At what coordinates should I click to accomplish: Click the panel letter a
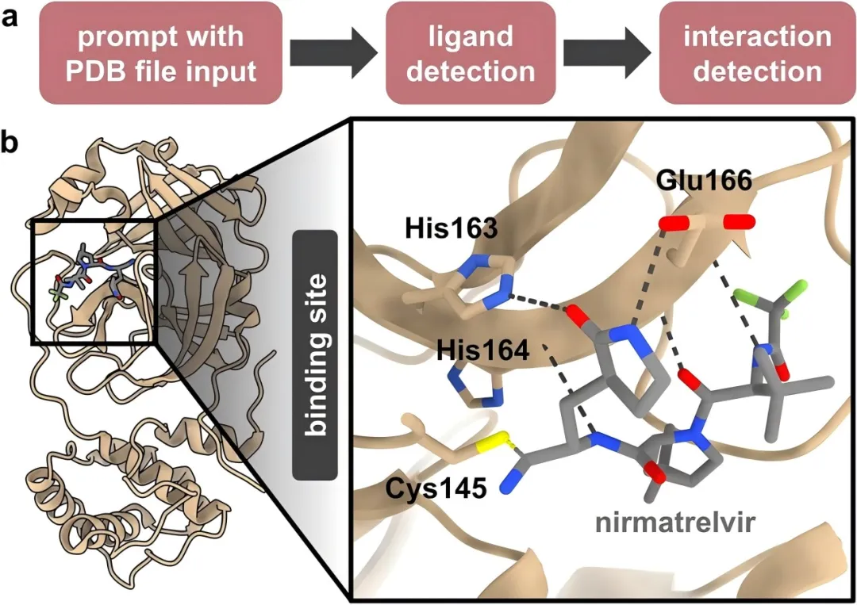(10, 16)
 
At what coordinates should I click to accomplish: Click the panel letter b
(11, 144)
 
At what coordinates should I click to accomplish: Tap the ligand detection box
(469, 54)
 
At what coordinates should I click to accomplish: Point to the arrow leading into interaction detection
(607, 54)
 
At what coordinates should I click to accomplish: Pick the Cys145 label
(436, 488)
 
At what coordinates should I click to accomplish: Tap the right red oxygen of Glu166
(737, 223)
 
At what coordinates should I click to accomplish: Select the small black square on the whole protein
(94, 282)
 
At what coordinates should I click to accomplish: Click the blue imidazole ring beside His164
(478, 389)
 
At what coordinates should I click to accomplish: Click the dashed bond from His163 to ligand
(540, 304)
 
